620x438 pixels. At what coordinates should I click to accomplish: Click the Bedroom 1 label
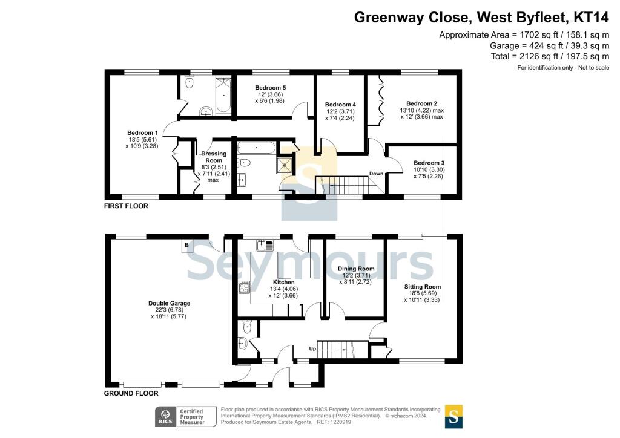click(x=142, y=132)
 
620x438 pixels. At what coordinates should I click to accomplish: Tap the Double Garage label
click(x=170, y=303)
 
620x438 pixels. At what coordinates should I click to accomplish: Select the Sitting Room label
click(x=422, y=287)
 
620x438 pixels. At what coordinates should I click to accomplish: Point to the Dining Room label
click(x=356, y=269)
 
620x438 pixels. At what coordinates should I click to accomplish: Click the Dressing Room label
click(x=214, y=157)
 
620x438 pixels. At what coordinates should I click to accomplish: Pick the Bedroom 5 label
click(x=271, y=88)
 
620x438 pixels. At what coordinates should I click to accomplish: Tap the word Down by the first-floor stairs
click(x=376, y=174)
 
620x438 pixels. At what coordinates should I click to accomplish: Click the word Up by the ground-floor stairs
click(x=312, y=348)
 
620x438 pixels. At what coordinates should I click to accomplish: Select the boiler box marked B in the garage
click(x=186, y=245)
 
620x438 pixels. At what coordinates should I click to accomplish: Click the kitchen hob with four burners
click(x=244, y=287)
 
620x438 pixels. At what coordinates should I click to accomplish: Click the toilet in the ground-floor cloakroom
click(x=248, y=327)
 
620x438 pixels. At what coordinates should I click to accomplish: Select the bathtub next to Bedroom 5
click(x=223, y=95)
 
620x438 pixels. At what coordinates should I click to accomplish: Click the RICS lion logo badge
click(x=165, y=417)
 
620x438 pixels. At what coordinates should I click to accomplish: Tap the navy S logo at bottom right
click(x=453, y=416)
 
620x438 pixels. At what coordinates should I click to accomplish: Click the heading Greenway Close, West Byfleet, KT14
click(x=481, y=18)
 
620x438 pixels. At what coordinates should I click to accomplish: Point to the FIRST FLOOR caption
click(x=126, y=206)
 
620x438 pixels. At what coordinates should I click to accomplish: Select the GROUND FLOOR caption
click(x=131, y=393)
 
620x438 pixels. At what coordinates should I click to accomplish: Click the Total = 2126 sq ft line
click(x=550, y=56)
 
